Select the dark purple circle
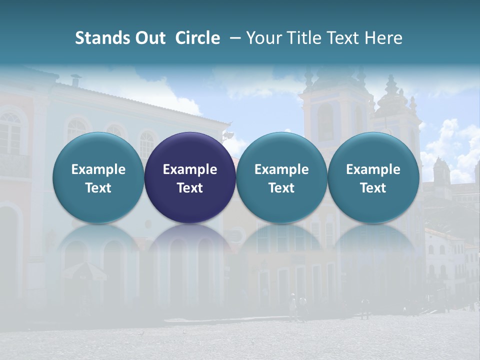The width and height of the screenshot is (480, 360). coord(190,177)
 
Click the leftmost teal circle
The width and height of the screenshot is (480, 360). coord(98,177)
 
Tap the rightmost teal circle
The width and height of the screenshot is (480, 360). coord(373,177)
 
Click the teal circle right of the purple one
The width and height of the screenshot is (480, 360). coord(281,177)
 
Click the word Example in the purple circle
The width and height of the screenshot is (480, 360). coord(190,169)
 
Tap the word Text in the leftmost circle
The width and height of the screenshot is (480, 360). coord(98,188)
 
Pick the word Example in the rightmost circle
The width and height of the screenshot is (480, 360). coord(373,169)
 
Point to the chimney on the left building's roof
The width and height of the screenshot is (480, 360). coord(76,80)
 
